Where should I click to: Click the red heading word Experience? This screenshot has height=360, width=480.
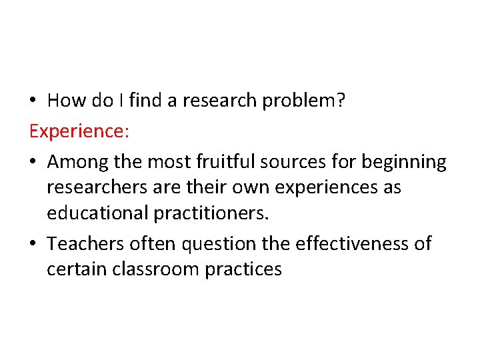[x=77, y=131]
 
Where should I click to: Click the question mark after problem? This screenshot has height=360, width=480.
[x=340, y=101]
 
